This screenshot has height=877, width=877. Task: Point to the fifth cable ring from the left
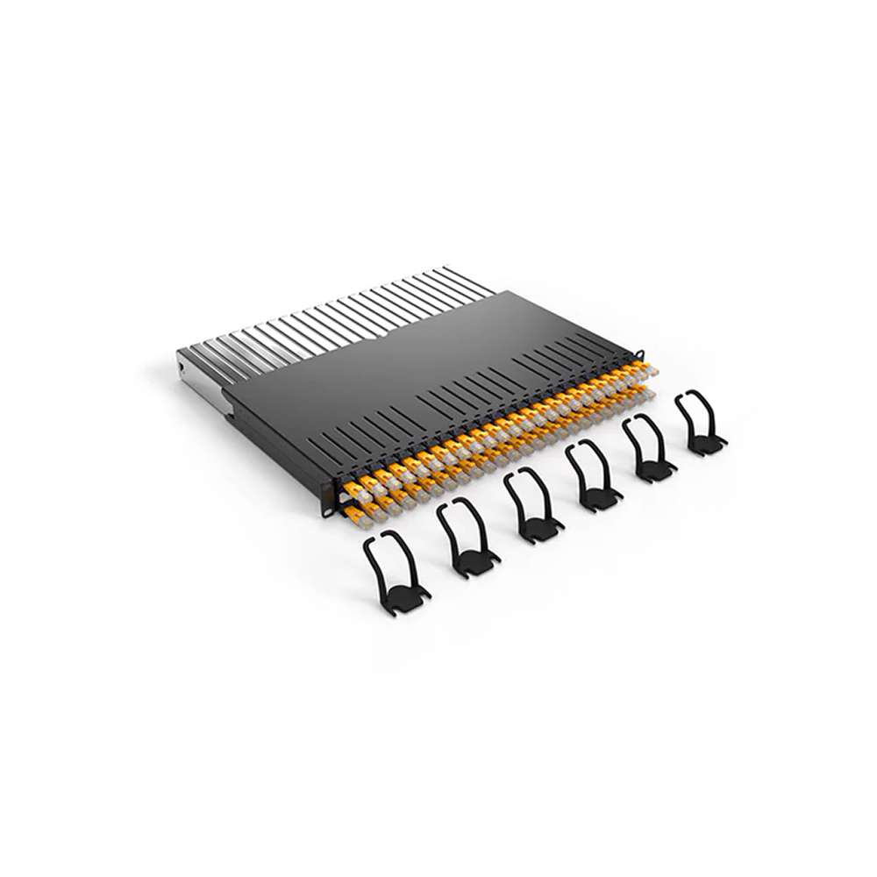click(648, 449)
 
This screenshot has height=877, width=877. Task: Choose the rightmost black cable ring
click(699, 423)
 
